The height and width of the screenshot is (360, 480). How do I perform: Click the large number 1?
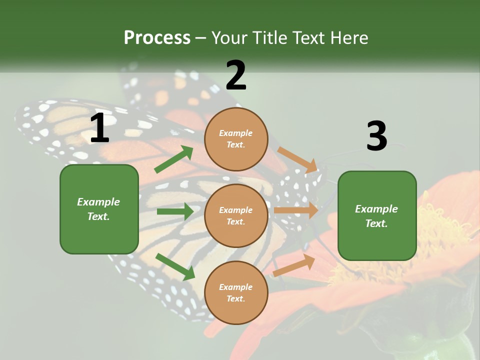(x=99, y=128)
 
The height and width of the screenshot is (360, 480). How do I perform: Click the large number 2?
(x=236, y=75)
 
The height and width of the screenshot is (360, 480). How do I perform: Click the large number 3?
(x=376, y=136)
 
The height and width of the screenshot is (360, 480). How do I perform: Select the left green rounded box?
(x=99, y=209)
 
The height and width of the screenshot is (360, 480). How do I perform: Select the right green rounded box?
(x=377, y=215)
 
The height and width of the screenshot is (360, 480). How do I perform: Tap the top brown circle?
(x=236, y=138)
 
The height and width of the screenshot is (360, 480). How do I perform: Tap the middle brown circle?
(x=236, y=215)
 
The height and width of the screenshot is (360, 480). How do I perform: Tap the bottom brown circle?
(x=236, y=292)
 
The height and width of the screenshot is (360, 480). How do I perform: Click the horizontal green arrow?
(x=175, y=211)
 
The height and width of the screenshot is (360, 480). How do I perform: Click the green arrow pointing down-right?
(x=175, y=266)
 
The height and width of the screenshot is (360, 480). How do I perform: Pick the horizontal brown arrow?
(x=296, y=210)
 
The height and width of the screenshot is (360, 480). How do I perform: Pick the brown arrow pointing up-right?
(x=294, y=265)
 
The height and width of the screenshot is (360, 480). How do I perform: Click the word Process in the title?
(x=157, y=37)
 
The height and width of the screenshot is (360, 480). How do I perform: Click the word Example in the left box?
(x=98, y=201)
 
